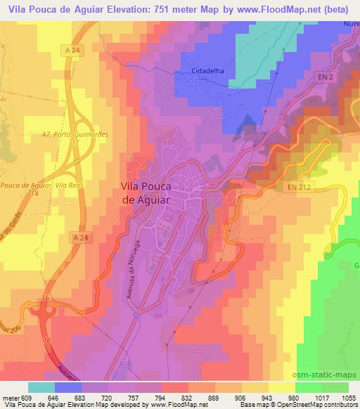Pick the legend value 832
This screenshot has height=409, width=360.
pos(186,396)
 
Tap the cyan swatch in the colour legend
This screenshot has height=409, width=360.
pos(41,387)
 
